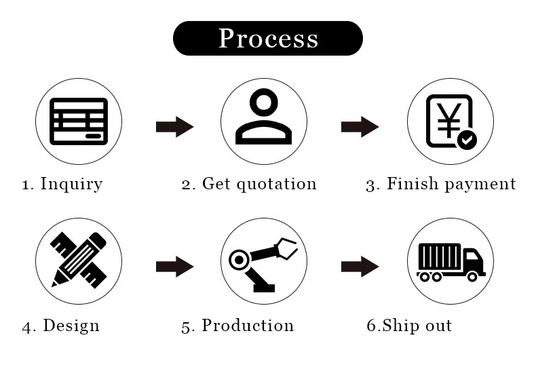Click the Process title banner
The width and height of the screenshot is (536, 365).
(268, 38)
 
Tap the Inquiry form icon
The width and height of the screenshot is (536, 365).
(79, 121)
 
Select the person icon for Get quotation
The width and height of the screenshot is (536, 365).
(264, 117)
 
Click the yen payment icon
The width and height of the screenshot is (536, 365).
(448, 121)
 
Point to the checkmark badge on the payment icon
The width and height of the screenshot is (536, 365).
(467, 140)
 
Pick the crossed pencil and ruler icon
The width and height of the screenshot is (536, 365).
(79, 260)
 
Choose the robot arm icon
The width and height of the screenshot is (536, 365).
(264, 262)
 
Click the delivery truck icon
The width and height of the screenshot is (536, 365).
(450, 262)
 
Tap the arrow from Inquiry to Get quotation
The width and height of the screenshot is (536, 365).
(174, 127)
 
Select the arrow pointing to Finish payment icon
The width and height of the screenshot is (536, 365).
(360, 127)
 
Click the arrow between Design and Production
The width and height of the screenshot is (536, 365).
(174, 267)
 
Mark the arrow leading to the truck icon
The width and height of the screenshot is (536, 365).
(360, 267)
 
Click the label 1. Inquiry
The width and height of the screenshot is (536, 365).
(62, 184)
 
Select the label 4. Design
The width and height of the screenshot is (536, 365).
(61, 326)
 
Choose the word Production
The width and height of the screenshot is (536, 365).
(248, 326)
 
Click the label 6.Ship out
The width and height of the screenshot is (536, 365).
(409, 326)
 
